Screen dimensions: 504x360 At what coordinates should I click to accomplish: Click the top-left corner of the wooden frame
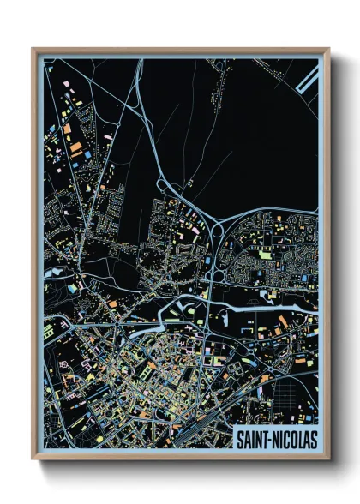pos(33,50)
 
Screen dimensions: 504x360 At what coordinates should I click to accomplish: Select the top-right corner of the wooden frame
pos(328,50)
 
